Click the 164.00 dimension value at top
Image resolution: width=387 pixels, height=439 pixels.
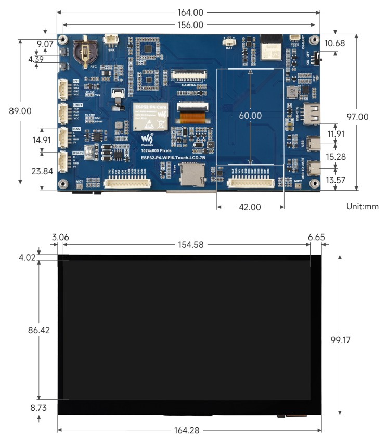(x=188, y=12)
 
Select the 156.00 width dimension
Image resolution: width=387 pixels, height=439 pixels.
(x=188, y=24)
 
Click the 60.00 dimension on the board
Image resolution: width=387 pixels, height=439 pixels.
(x=250, y=116)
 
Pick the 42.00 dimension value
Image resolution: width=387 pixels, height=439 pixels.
(x=250, y=207)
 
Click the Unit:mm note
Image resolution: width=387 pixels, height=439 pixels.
(x=362, y=206)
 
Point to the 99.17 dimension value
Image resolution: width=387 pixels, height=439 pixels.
(x=341, y=340)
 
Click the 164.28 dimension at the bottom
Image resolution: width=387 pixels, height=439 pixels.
(x=188, y=430)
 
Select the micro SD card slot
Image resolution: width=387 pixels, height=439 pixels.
(x=190, y=175)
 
